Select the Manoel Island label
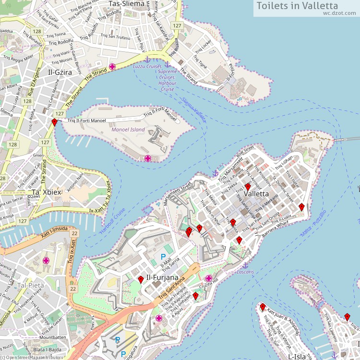tap(128, 130)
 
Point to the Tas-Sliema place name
tap(126, 4)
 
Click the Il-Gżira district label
tap(60, 72)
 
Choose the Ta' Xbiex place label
tap(47, 192)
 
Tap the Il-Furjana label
tap(162, 277)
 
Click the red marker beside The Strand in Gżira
tap(54, 123)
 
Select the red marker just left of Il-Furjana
tap(141, 280)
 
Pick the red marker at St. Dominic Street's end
tap(301, 207)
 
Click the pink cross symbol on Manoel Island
tap(147, 158)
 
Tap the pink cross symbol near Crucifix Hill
tap(208, 278)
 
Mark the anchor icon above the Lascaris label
tap(245, 265)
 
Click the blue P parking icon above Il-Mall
tap(163, 257)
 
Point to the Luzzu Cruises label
tap(147, 66)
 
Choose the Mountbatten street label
tap(53, 337)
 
